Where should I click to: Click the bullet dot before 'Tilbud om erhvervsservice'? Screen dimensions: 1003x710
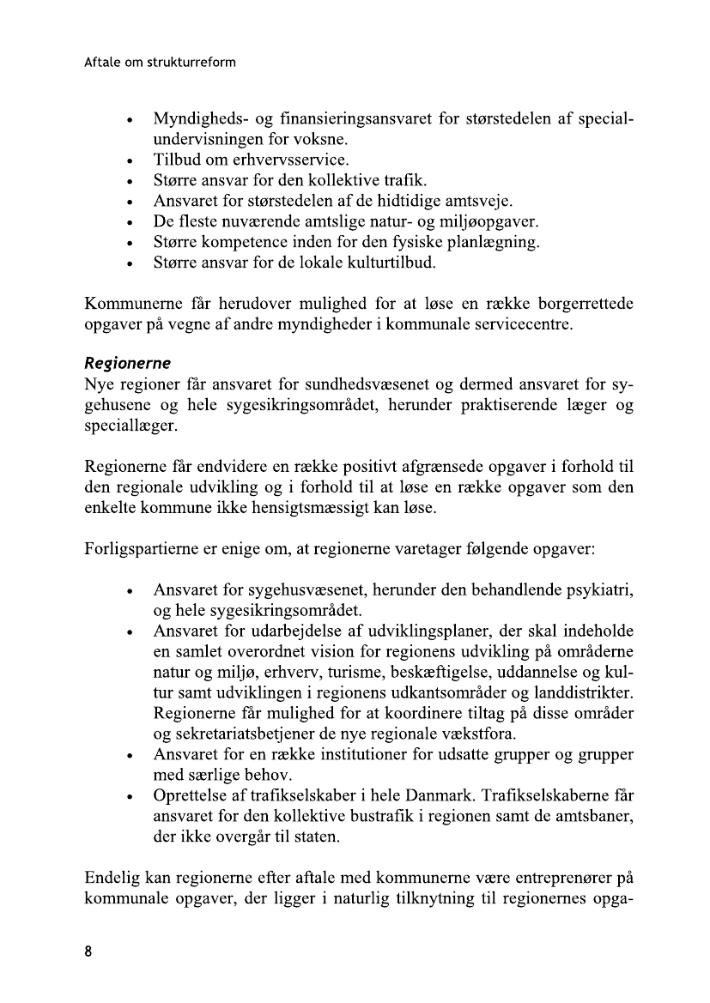click(129, 160)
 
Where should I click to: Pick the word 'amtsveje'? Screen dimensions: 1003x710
click(477, 201)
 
